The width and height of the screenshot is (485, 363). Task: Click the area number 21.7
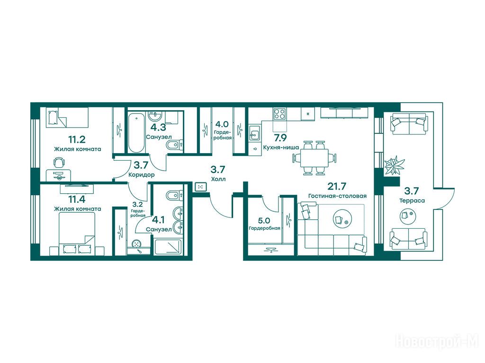pyautogui.click(x=337, y=186)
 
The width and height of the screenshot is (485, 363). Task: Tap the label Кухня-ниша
pyautogui.click(x=281, y=147)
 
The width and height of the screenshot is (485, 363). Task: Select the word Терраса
pyautogui.click(x=412, y=200)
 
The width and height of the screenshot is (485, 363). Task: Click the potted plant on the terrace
pyautogui.click(x=394, y=165)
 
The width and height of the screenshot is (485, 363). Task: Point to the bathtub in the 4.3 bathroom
pyautogui.click(x=136, y=133)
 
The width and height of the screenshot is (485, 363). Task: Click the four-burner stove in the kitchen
pyautogui.click(x=280, y=113)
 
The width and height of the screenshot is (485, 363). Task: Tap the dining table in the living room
pyautogui.click(x=314, y=158)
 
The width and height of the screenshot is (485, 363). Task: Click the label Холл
pyautogui.click(x=218, y=179)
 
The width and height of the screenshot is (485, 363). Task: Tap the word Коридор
pyautogui.click(x=141, y=175)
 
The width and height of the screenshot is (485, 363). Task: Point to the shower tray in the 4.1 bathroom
pyautogui.click(x=167, y=247)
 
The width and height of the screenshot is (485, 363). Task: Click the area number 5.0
pyautogui.click(x=264, y=221)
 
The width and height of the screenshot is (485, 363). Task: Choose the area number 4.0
pyautogui.click(x=222, y=124)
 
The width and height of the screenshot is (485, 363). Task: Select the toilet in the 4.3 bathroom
pyautogui.click(x=175, y=145)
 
